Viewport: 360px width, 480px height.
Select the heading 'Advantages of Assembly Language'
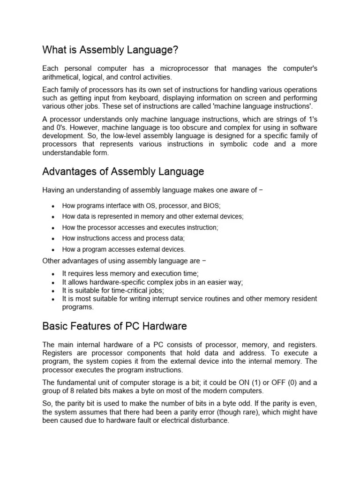[x=123, y=172]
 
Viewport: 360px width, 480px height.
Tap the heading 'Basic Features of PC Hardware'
[x=114, y=326]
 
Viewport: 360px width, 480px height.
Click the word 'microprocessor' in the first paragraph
[x=183, y=68]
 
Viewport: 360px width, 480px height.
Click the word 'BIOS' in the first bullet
[x=211, y=206]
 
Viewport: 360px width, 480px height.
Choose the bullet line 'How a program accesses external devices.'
[x=124, y=249]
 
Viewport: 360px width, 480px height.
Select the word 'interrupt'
[x=167, y=299]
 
